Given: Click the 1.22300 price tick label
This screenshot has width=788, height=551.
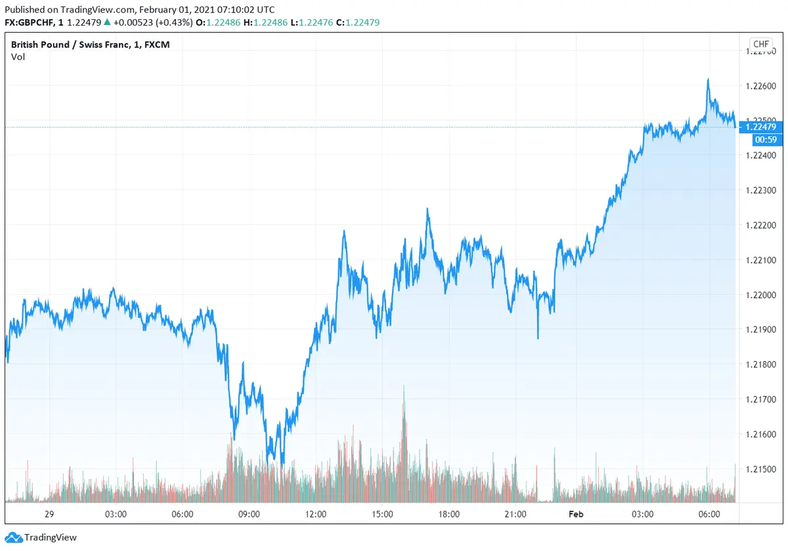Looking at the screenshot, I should pyautogui.click(x=762, y=190).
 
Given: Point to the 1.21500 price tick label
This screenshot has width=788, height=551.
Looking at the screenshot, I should pyautogui.click(x=762, y=469).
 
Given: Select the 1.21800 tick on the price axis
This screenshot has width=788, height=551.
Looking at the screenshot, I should pyautogui.click(x=762, y=364).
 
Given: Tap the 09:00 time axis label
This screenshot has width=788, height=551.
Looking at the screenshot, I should pyautogui.click(x=249, y=514).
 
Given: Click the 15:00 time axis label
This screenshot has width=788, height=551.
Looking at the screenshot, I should pyautogui.click(x=382, y=514).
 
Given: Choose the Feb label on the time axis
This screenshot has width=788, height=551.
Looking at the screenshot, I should pyautogui.click(x=576, y=514).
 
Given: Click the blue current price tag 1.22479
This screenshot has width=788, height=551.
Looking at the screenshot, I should pyautogui.click(x=761, y=127).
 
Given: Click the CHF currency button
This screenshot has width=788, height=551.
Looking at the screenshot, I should pyautogui.click(x=761, y=45).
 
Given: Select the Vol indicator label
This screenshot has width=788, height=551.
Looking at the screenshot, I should pyautogui.click(x=18, y=57).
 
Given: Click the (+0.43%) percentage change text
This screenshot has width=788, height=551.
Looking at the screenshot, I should pyautogui.click(x=175, y=23).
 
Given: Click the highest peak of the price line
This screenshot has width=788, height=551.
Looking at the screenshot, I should pyautogui.click(x=708, y=79).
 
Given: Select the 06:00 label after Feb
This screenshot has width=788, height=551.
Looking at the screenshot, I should pyautogui.click(x=709, y=514).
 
